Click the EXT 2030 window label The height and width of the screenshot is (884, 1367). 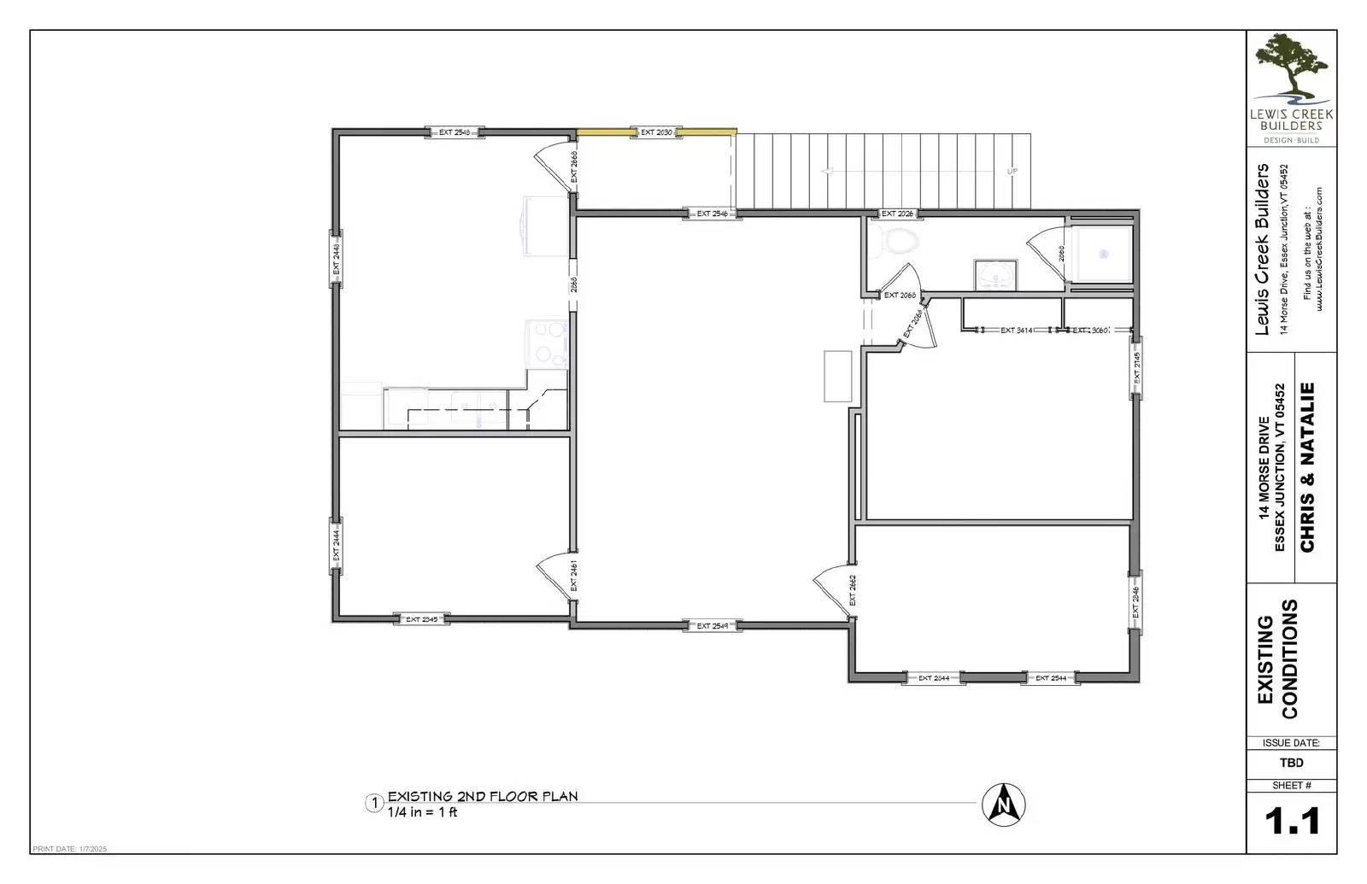tap(657, 132)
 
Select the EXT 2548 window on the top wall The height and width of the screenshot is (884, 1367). tap(455, 132)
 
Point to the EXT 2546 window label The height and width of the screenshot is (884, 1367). tap(712, 214)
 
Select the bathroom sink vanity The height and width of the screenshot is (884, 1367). tap(995, 275)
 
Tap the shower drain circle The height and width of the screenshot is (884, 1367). tap(1103, 254)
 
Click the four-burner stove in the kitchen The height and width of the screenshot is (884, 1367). tap(548, 344)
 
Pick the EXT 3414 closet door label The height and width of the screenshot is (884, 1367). tap(1017, 330)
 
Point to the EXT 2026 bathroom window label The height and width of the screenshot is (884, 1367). tap(897, 214)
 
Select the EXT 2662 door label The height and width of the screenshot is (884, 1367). tap(852, 589)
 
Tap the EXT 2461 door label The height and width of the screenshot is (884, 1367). tap(573, 577)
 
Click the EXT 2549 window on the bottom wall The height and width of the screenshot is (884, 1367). tap(712, 626)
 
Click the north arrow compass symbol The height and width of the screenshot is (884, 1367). tap(1004, 805)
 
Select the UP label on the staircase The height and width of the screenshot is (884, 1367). tap(1012, 172)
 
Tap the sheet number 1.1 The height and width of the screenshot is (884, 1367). tap(1292, 821)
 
